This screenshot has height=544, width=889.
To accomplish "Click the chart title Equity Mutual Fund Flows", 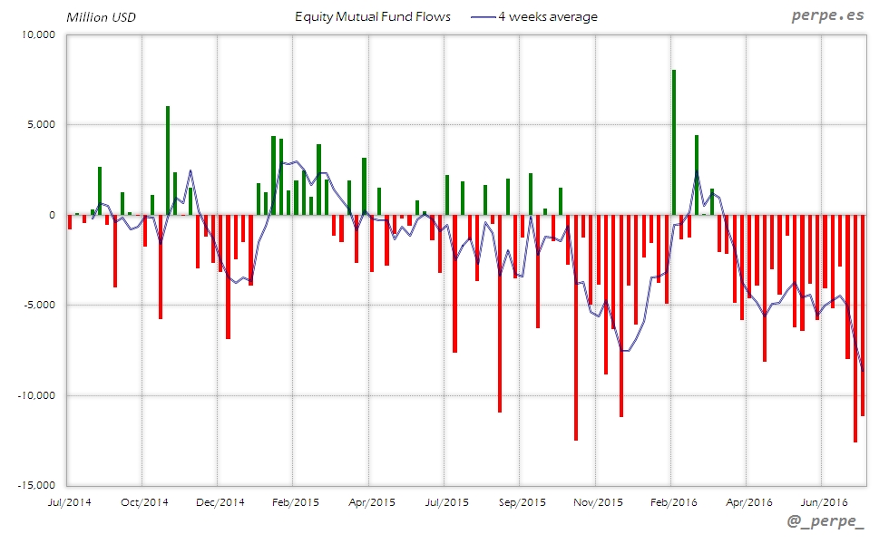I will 373,16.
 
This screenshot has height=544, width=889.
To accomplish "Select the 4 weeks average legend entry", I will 547,16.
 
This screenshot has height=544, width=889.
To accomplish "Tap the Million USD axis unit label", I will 102,17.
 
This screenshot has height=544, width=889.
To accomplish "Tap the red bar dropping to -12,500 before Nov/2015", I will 576,327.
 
